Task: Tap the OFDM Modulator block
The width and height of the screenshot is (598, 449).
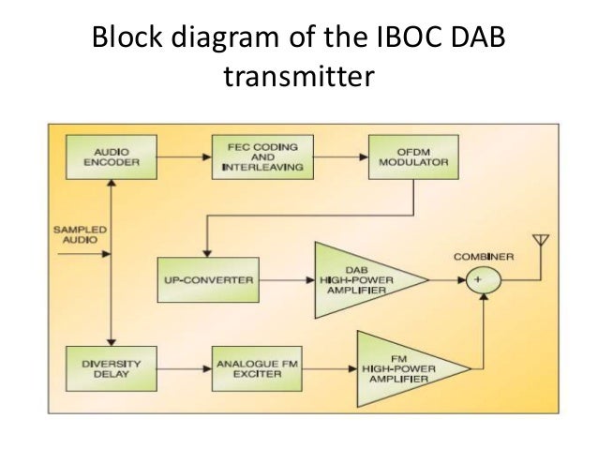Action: pyautogui.click(x=411, y=157)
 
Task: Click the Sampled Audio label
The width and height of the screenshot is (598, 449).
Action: pyautogui.click(x=81, y=233)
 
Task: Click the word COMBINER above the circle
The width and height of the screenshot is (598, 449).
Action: pyautogui.click(x=483, y=255)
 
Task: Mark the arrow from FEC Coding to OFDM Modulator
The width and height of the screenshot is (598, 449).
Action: pyautogui.click(x=337, y=157)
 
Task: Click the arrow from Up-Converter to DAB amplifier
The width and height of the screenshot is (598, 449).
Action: pyautogui.click(x=286, y=279)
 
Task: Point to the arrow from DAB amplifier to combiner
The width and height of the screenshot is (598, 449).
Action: pyautogui.click(x=446, y=279)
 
